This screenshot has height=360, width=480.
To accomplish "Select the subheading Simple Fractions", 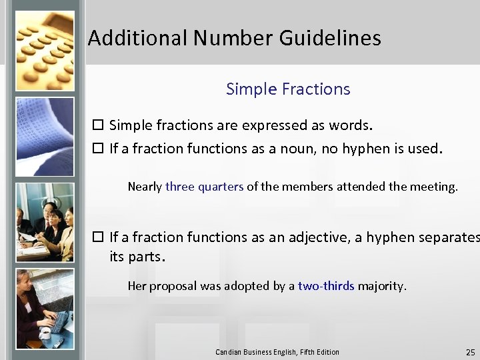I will (x=288, y=89).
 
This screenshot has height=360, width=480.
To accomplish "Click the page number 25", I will (x=471, y=352).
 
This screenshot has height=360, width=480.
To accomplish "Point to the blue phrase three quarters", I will (x=205, y=187).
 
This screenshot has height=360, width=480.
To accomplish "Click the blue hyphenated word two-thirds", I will (x=326, y=286).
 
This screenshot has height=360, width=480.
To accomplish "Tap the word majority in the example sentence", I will (x=381, y=286).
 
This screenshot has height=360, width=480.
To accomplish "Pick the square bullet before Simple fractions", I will (x=98, y=125).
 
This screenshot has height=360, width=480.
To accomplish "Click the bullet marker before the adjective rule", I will (x=98, y=237).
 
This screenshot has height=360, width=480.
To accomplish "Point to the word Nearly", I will (x=145, y=187).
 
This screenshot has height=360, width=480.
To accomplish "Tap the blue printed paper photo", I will (x=44, y=137).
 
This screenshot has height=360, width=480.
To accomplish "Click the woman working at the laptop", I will (x=44, y=309).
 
